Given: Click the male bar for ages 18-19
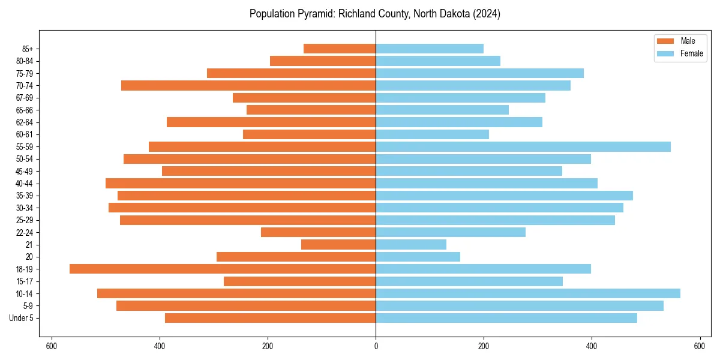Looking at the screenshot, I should [223, 269].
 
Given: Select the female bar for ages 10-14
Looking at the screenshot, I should [528, 293].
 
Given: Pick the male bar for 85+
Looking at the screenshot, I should [340, 49].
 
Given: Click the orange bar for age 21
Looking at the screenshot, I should [338, 245].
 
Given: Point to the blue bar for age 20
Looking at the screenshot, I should [418, 257].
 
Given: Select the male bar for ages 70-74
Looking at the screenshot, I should [248, 86].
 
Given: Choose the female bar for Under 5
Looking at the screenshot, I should [506, 318].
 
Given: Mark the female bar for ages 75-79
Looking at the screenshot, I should [479, 73].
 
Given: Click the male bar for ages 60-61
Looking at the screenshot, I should [309, 134].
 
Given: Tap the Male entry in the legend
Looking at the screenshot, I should [688, 41].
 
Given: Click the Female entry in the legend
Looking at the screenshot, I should [691, 53].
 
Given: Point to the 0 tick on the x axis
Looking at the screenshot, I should [376, 346].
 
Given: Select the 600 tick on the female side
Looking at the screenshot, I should [700, 346].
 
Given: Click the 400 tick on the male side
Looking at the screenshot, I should [160, 346].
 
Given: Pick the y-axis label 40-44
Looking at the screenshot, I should [24, 184].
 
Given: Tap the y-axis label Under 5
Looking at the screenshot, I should [22, 318].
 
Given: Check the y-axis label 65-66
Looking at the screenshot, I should [24, 110].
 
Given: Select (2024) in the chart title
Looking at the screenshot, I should [487, 14].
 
